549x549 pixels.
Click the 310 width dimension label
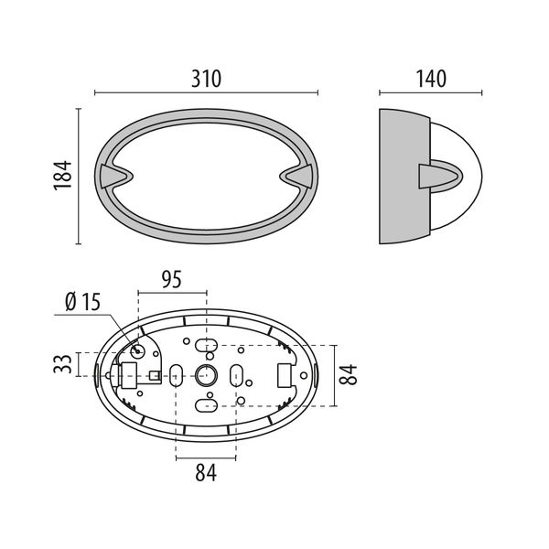point(207,80)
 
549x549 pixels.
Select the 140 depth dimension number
point(430,80)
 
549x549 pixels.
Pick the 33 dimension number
point(61,364)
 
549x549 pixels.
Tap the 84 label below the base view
point(207,474)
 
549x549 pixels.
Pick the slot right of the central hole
point(237,374)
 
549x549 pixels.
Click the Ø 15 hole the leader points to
point(141,350)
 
